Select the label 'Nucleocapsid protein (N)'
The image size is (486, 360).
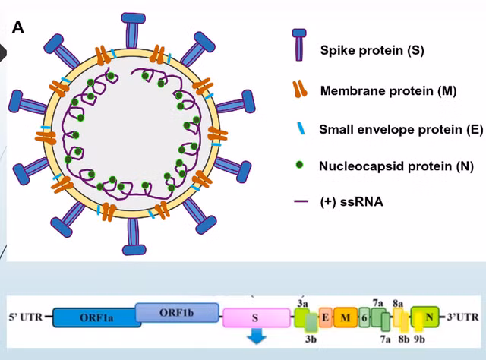click(388, 166)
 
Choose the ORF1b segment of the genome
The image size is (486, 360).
click(177, 311)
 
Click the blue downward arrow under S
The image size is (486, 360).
click(258, 337)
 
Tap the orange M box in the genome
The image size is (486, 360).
click(345, 317)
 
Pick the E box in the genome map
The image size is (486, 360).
click(325, 317)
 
